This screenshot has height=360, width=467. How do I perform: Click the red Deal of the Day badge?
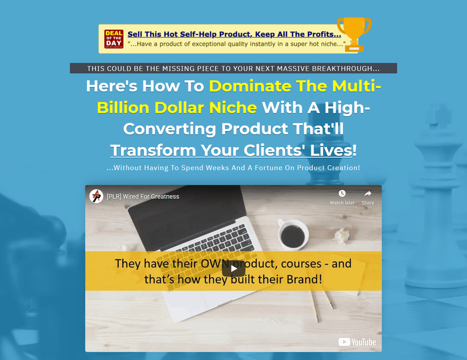[114, 39]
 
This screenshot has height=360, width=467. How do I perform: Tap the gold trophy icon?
[354, 34]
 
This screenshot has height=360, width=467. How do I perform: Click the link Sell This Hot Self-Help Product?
[235, 34]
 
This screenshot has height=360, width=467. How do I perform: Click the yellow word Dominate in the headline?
[250, 86]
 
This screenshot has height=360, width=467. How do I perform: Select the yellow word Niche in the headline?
[233, 107]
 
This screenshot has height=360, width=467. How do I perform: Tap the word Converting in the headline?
[170, 129]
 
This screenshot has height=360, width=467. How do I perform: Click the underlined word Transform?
[153, 150]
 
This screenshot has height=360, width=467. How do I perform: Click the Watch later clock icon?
[342, 194]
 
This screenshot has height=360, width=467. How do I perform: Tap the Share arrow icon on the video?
[368, 194]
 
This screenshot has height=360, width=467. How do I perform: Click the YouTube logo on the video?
[357, 342]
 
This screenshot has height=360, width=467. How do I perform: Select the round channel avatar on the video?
[96, 196]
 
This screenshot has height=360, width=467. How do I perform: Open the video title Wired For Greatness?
[143, 196]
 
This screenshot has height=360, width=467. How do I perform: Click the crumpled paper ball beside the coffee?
[341, 236]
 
